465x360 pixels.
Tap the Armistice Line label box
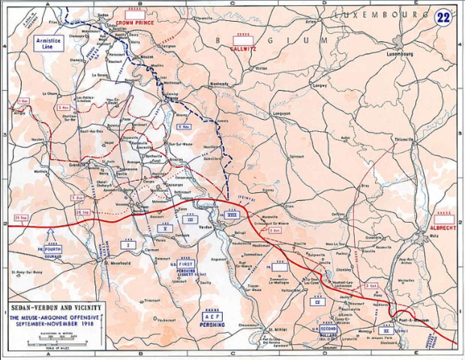pos(48,43)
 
